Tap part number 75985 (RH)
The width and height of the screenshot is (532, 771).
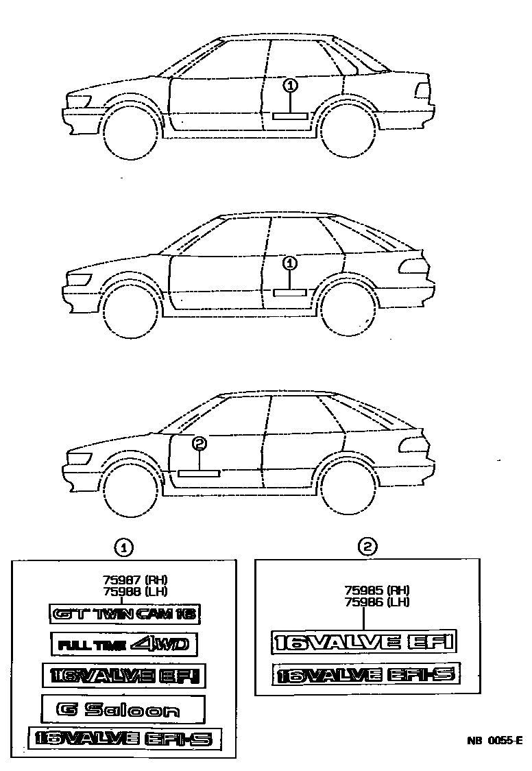tap(376, 590)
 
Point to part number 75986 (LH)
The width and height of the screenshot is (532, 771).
tap(376, 602)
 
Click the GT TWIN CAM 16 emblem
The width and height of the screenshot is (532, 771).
tap(125, 615)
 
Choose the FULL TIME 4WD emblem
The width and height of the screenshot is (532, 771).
tap(124, 645)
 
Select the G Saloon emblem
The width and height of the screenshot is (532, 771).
tap(123, 709)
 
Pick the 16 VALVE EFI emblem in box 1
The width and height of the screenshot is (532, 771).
tap(124, 676)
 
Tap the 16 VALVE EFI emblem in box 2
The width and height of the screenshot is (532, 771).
tap(363, 642)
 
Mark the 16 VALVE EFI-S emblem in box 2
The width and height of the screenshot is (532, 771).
tap(364, 675)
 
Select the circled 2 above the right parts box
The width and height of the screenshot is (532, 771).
tap(368, 546)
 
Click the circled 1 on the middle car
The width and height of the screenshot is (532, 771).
tap(291, 263)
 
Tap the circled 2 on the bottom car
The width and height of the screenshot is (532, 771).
tap(199, 444)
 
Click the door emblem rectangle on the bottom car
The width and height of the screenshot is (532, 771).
tap(198, 473)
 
